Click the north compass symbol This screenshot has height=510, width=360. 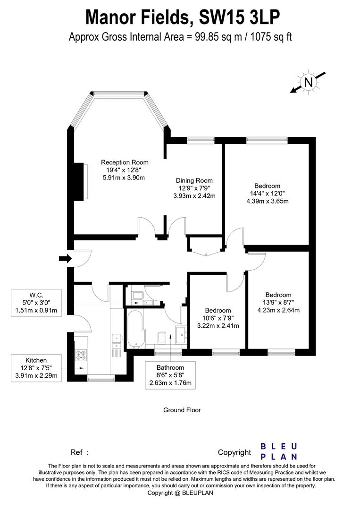tap(309, 82)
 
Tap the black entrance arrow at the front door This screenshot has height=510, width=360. tap(65, 258)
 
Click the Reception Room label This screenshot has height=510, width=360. tap(125, 162)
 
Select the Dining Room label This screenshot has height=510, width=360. tap(194, 180)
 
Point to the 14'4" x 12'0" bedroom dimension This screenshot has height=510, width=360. tap(267, 193)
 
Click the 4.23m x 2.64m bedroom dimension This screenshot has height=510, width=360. tap(278, 310)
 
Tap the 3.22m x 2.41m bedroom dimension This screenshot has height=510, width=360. tap(218, 325)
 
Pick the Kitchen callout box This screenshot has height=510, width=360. tap(36, 368)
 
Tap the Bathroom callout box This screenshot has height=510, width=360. tap(170, 375)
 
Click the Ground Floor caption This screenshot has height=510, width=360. tap(182, 410)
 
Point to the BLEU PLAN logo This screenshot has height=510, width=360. tap(279, 451)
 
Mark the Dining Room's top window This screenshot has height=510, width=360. tap(197, 140)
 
